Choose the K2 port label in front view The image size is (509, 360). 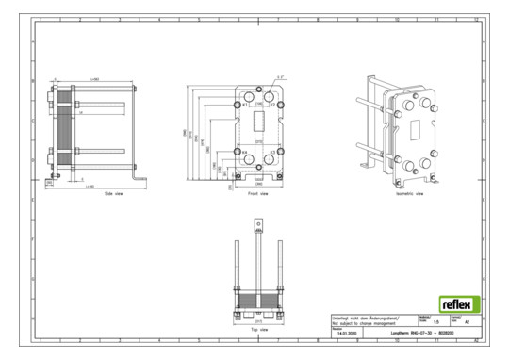pos(272,106)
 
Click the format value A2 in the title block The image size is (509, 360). pos(468,323)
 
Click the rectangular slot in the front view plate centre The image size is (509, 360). pos(258,129)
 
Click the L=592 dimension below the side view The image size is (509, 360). pos(90,188)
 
